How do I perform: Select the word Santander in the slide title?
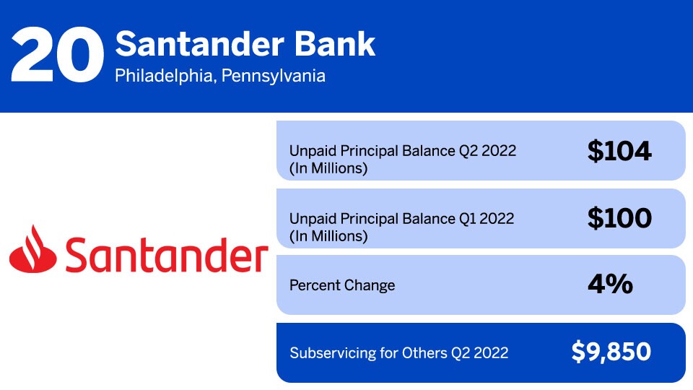(x=199, y=45)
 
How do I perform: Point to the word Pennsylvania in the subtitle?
(x=274, y=75)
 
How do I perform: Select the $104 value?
(x=619, y=151)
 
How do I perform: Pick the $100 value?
(x=619, y=218)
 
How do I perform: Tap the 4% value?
(x=610, y=285)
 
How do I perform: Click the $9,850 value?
(x=611, y=352)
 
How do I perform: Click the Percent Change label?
(x=342, y=285)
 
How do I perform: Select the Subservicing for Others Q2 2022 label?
(x=398, y=353)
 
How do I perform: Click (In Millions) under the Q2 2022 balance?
(x=328, y=169)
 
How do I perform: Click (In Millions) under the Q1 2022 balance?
(x=328, y=236)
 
